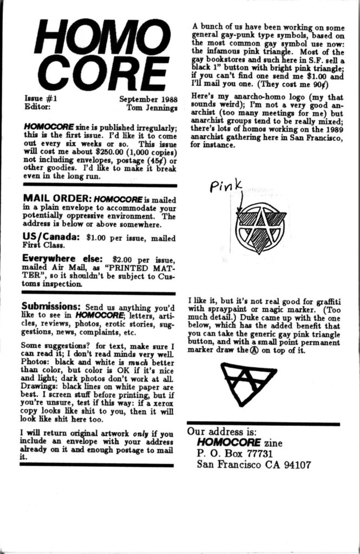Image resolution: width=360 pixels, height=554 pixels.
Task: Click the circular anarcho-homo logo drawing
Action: tap(260, 228)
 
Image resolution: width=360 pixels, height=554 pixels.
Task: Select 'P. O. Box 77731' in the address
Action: tap(234, 453)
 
